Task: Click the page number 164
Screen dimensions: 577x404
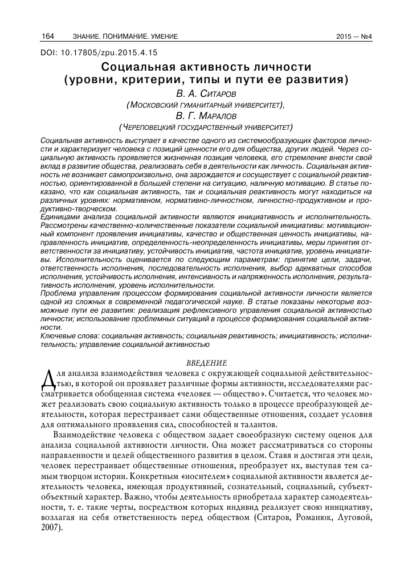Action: pos(47,37)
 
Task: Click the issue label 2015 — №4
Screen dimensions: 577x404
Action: pos(354,37)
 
